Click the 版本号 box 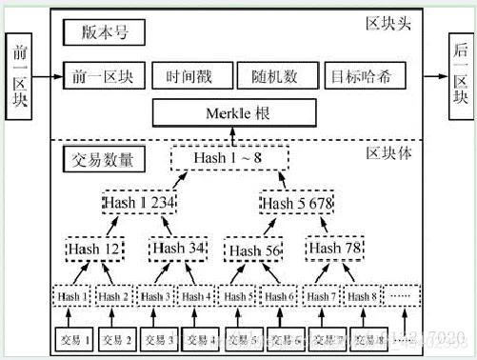click(x=103, y=35)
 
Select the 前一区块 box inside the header click(x=103, y=75)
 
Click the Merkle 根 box click(x=233, y=114)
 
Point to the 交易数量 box click(x=103, y=157)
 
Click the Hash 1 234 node click(x=141, y=204)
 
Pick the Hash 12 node click(x=94, y=249)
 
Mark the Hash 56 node click(x=255, y=250)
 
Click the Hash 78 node click(x=338, y=249)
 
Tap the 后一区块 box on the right click(x=461, y=74)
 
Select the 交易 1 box click(x=72, y=338)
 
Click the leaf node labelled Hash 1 click(x=72, y=296)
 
